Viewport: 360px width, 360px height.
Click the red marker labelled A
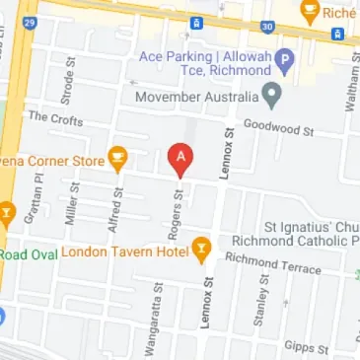[180, 158]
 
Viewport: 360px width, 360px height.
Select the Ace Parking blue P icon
[285, 61]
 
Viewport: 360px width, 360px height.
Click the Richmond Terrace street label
[273, 263]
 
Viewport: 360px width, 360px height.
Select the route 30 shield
[268, 27]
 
